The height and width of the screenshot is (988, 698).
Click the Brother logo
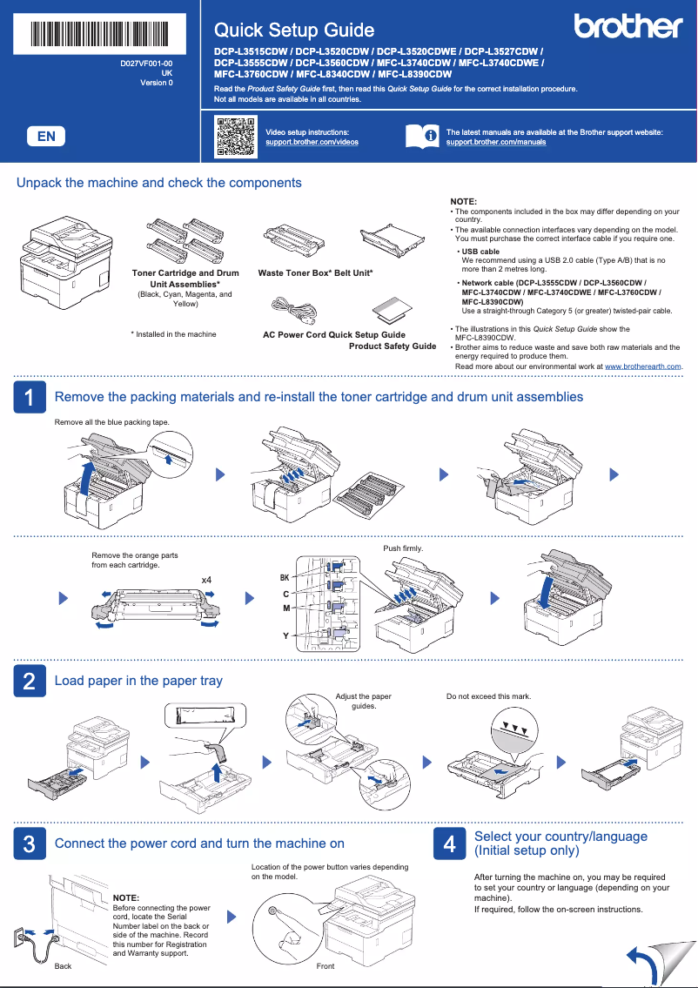(x=628, y=27)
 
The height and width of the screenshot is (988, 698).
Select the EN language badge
(x=47, y=136)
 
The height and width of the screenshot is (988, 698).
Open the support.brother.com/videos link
(x=312, y=142)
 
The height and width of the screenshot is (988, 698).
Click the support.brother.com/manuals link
(x=496, y=142)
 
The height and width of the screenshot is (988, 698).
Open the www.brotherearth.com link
(x=642, y=366)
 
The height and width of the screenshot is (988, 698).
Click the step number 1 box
(x=30, y=397)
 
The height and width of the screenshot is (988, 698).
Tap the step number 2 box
(x=30, y=681)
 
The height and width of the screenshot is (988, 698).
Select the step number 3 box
(x=30, y=843)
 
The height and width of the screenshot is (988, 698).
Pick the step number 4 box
(x=449, y=843)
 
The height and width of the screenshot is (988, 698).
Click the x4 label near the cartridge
(x=206, y=580)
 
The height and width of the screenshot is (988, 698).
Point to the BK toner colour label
(x=284, y=578)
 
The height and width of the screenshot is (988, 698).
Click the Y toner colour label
(x=285, y=636)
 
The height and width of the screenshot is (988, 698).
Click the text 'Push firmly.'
(x=403, y=548)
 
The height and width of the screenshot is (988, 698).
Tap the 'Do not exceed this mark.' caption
(x=488, y=696)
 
